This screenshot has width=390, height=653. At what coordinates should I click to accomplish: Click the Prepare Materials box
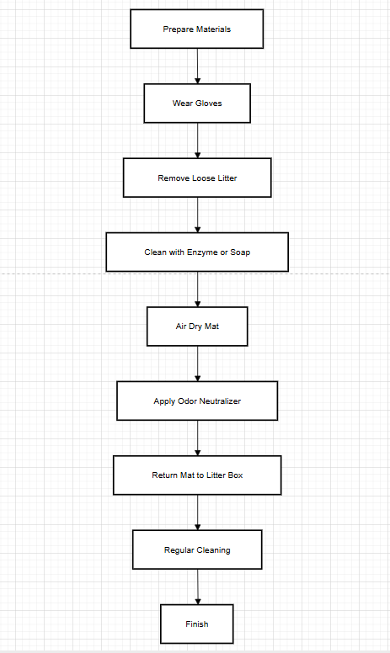coord(196,29)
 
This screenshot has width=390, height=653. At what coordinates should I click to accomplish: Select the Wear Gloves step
coord(196,104)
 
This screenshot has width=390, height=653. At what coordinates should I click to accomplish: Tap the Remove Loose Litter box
coord(196,178)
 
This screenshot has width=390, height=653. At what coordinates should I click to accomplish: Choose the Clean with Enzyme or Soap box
coord(196,252)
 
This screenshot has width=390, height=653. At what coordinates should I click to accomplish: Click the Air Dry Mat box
coord(196,326)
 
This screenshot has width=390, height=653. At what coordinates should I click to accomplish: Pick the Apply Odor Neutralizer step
coord(196,401)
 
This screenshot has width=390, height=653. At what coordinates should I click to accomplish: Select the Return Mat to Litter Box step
coord(196,475)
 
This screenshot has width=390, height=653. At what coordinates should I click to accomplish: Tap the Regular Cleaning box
coord(196,549)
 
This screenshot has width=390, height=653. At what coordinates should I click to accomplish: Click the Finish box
coord(196,624)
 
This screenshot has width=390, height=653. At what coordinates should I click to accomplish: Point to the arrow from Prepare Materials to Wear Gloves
coord(197,66)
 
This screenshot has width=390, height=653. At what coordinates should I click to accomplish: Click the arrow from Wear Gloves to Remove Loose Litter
coord(197,141)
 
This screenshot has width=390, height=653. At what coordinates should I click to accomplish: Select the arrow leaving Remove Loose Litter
coord(197,215)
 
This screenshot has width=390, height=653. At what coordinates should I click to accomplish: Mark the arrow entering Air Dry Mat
coord(197,289)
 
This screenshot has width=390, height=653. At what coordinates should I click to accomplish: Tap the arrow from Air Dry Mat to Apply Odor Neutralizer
coord(197,364)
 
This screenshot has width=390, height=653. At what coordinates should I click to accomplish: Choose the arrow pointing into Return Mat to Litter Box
coord(197,438)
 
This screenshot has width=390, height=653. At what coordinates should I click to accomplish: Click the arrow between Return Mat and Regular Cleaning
coord(197,512)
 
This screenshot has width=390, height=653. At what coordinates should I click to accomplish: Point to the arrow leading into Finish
coord(197,587)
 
